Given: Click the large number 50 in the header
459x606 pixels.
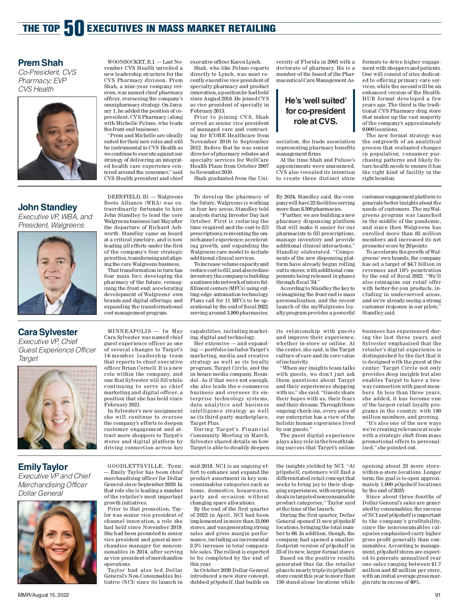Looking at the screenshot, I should (74, 28).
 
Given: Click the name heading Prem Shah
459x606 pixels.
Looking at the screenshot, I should (41, 63).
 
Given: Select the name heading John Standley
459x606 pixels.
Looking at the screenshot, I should (47, 207).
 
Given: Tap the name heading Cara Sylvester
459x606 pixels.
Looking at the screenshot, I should (48, 332).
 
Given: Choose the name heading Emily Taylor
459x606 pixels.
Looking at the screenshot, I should (43, 467).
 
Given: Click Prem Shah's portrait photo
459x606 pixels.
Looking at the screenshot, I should (57, 138).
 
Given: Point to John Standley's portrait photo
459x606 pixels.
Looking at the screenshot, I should (57, 273).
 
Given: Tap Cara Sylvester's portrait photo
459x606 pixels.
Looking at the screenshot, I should (57, 408).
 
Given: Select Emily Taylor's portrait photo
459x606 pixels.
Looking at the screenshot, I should (57, 542).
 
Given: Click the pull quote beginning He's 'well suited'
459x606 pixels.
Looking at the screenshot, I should (316, 111).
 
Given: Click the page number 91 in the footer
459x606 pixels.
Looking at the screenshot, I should (438, 595).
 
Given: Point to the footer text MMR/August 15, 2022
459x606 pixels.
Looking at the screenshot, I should (43, 595).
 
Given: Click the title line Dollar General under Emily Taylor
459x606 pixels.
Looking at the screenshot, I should (41, 493).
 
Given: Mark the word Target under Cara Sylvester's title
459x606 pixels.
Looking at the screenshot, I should (28, 359).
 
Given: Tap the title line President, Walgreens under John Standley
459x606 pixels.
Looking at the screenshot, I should (51, 225).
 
